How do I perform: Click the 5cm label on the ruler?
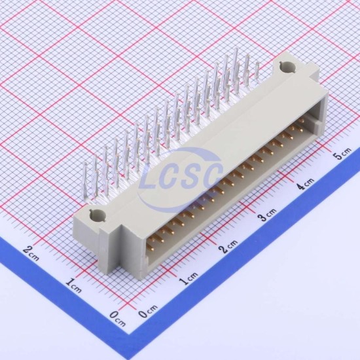coord(342,154)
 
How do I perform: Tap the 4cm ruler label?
coord(305,183)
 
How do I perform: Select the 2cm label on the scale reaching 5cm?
coord(228,246)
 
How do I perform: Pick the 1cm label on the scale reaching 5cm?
coord(188,278)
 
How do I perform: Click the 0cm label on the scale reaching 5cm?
coord(148,311)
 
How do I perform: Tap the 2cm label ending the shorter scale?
coord(31,253)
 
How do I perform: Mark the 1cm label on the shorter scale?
coord(73,285)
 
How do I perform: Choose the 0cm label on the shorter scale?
coord(118,319)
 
